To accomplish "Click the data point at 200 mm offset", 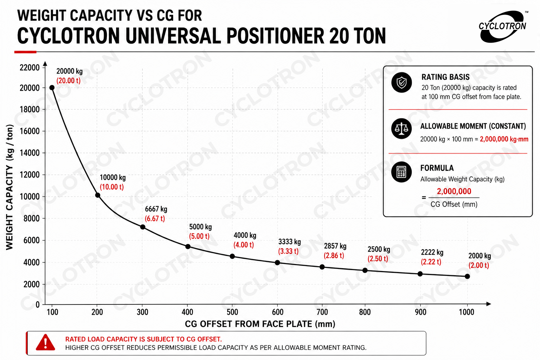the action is [98, 195].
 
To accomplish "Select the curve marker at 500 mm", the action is [232, 256].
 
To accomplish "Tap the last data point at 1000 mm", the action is [467, 276].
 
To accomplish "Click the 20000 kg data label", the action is [69, 71].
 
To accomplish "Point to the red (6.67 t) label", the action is [155, 218].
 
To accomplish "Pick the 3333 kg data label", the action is [290, 242].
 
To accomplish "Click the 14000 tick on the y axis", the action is [30, 153].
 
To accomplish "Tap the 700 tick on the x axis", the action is [322, 312].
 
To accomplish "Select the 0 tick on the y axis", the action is [37, 304].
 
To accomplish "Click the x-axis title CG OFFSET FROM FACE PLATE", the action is [260, 324].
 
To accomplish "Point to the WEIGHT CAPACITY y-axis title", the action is [9, 187].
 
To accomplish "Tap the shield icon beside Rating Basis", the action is [401, 83].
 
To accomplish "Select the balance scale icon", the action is [401, 129].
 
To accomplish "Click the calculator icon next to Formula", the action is [401, 172].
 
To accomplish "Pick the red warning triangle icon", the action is [45, 342].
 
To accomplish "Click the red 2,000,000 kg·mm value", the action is [504, 139].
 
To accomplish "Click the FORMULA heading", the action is [437, 168].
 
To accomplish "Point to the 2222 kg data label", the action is [432, 252].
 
